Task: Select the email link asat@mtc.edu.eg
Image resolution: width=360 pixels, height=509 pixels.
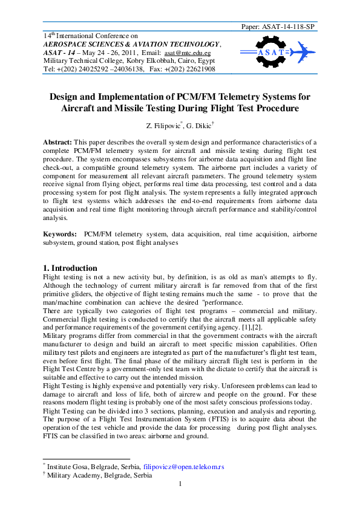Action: tap(197, 53)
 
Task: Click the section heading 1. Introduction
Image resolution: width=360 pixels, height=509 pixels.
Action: tap(70, 268)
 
